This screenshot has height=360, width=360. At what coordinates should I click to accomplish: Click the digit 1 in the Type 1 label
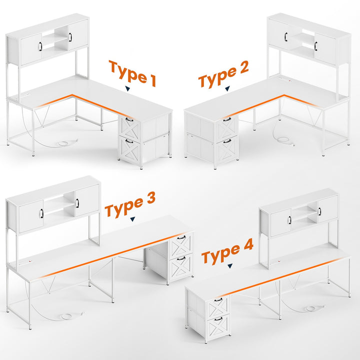tap(152, 80)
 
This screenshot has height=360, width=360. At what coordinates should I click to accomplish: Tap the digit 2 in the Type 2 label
tap(242, 67)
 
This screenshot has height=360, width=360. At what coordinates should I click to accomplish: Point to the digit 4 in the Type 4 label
tap(247, 244)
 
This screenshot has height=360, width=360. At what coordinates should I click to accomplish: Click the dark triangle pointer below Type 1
tap(127, 89)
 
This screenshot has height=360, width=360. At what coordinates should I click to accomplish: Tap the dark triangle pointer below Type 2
tap(227, 88)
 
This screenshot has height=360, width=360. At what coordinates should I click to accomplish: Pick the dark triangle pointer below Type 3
tap(132, 219)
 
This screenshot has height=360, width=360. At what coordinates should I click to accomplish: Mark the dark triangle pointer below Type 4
tap(230, 266)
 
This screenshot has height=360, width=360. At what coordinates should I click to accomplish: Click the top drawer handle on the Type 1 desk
tap(129, 119)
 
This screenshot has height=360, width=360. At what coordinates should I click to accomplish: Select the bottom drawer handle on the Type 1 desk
tap(129, 141)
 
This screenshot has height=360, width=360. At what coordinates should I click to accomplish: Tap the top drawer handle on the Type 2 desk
tap(227, 119)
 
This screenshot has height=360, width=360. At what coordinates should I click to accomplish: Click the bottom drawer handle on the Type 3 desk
tap(181, 258)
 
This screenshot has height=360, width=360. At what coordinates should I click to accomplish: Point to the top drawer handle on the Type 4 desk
tap(218, 299)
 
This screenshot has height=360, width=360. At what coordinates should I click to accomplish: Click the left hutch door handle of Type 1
tap(40, 46)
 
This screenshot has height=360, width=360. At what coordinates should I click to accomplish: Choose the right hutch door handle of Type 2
tap(315, 45)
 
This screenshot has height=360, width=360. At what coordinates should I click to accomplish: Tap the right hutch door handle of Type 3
tap(77, 203)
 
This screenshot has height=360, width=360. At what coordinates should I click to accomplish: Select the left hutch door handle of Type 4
tap(289, 219)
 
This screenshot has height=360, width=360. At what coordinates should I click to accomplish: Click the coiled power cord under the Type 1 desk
tap(65, 143)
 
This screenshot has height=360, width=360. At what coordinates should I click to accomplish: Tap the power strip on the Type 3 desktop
tap(25, 262)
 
